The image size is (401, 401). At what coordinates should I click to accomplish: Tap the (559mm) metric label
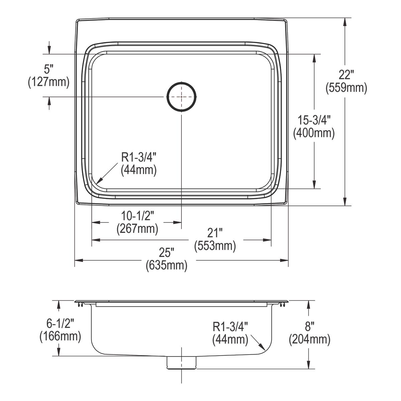[x=346, y=88]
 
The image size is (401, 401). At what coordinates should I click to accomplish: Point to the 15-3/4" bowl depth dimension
[x=314, y=120]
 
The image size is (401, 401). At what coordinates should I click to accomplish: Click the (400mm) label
[x=314, y=133]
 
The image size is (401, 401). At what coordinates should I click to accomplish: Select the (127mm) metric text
[x=49, y=82]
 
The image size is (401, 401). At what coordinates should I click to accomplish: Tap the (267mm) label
[x=137, y=229]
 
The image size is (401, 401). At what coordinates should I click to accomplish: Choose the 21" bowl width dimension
[x=215, y=233]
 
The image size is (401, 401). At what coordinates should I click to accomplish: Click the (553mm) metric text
[x=215, y=246]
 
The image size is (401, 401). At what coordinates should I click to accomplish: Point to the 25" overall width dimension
[x=166, y=253]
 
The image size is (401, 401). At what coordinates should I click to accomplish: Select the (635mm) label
[x=166, y=266]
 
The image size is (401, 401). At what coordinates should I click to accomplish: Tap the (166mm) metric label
[x=60, y=336]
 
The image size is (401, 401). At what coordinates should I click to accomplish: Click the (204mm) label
[x=309, y=339]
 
